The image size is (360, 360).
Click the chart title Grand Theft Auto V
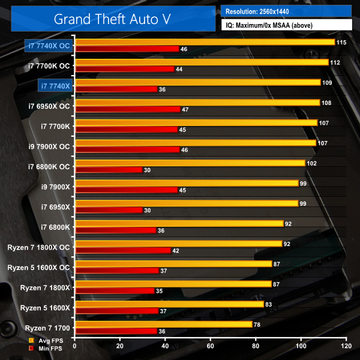[x=112, y=18]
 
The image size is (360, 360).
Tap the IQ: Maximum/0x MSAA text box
[x=286, y=25]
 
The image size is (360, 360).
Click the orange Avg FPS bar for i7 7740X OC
[x=205, y=42]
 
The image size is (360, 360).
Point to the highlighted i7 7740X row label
[x=56, y=86]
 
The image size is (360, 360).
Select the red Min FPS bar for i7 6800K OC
[x=108, y=170]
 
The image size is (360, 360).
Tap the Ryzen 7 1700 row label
[x=49, y=328]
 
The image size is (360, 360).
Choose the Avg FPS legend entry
[x=48, y=341]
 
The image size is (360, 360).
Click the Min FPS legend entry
[x=48, y=348]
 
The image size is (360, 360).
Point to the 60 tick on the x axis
[x=210, y=346]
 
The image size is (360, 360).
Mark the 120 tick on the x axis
[x=345, y=346]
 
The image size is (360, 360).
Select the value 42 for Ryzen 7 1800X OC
[x=176, y=250]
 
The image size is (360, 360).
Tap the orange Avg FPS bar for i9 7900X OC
[x=196, y=143]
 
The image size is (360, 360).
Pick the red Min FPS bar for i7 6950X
[x=108, y=210]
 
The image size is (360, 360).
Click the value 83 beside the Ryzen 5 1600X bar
[x=269, y=304]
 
